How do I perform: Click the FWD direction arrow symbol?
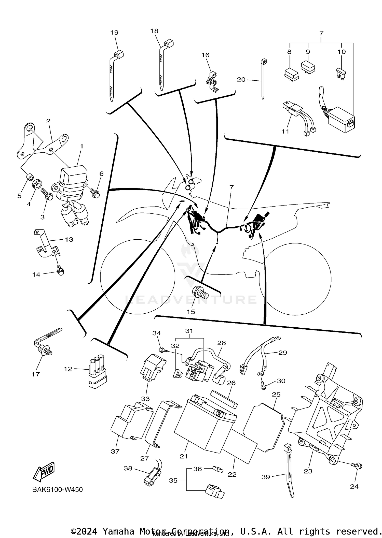pos(44,472)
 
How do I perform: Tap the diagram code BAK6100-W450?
pos(58,490)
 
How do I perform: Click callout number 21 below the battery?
pos(184,456)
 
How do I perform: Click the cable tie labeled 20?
pos(263,79)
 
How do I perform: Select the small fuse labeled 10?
pos(340,73)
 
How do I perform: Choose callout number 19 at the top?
pos(114,33)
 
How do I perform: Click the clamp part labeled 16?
pos(212,82)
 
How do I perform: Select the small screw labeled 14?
pos(60,271)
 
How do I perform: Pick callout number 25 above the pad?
pos(276,395)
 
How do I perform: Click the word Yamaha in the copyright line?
pos(118,531)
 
